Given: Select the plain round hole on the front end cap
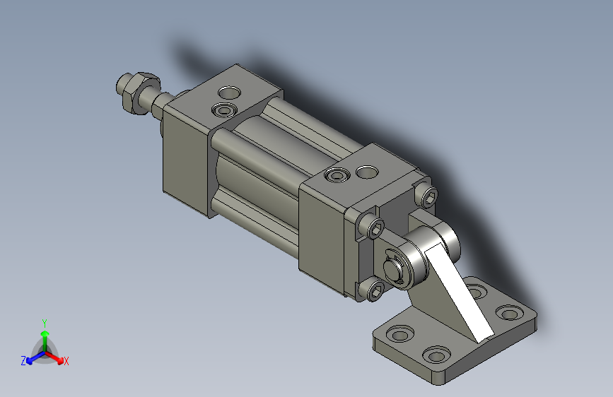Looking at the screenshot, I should (230, 92).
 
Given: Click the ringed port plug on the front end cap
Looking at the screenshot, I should (226, 110).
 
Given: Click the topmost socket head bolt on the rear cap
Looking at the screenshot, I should (426, 197).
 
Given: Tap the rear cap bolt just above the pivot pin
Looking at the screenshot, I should (375, 227).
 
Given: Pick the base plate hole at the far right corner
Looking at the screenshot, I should (508, 312).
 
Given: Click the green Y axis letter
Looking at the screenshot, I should (45, 321).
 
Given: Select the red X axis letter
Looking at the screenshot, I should (66, 362).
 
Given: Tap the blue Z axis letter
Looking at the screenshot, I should (23, 361).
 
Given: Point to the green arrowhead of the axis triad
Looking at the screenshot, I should (45, 333).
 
